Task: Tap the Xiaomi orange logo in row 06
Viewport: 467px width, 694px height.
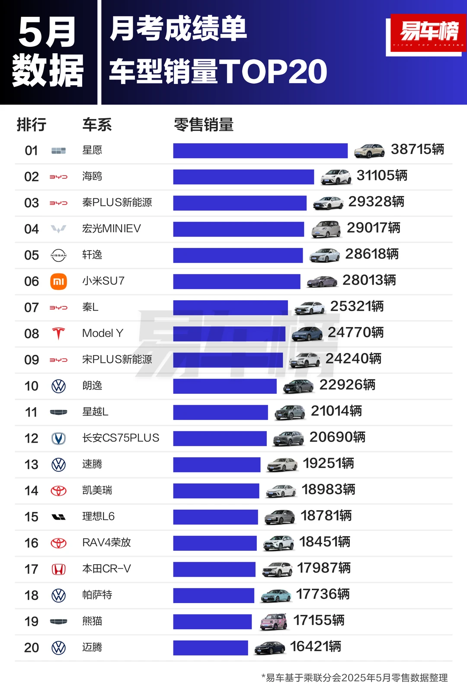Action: (x=58, y=282)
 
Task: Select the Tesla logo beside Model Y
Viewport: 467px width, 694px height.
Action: (x=58, y=334)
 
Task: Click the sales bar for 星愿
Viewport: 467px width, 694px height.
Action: (x=260, y=151)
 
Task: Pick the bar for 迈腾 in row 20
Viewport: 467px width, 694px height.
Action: (x=211, y=648)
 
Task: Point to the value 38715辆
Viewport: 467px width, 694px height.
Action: (x=417, y=149)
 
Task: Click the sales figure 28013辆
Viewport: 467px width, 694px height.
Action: (x=369, y=280)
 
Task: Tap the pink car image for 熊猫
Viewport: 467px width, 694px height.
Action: (x=274, y=622)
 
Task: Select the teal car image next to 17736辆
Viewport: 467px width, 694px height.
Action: (x=276, y=595)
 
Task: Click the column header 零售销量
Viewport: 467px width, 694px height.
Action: (x=204, y=125)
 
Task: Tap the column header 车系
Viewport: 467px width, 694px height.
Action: (x=97, y=125)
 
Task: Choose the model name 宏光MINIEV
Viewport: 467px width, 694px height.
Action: (x=112, y=228)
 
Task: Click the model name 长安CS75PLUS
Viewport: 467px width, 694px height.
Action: (x=121, y=438)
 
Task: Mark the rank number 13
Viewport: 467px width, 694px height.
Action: (x=31, y=465)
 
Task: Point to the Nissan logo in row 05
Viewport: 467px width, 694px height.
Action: (x=58, y=255)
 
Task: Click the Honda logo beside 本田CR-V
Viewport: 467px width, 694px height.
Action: (x=58, y=569)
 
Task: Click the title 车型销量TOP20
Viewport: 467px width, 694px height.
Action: (x=218, y=71)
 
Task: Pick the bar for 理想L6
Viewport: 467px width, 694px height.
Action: (x=215, y=517)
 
